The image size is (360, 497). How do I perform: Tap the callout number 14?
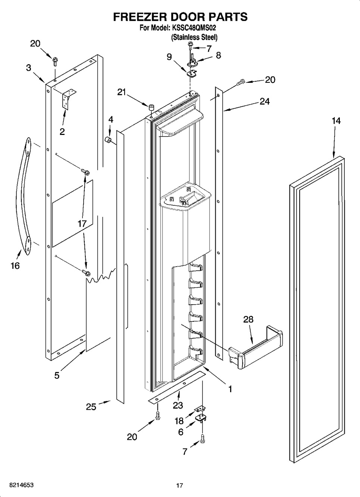(336, 121)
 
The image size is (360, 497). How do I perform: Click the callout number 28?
(248, 320)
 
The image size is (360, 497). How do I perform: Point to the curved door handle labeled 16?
(24, 196)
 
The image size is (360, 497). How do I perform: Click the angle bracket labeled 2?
(69, 99)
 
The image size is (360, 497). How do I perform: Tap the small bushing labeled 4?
(108, 141)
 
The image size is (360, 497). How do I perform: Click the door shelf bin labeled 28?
(255, 347)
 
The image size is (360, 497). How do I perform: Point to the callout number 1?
(230, 389)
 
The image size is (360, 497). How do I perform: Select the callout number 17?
(82, 223)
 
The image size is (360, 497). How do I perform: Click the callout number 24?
(264, 102)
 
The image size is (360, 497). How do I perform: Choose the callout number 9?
(169, 57)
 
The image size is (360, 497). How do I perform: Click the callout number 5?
(57, 375)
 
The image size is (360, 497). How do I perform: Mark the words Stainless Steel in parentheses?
(194, 37)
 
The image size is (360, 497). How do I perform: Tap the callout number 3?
(28, 68)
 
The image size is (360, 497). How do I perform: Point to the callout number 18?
(179, 421)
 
